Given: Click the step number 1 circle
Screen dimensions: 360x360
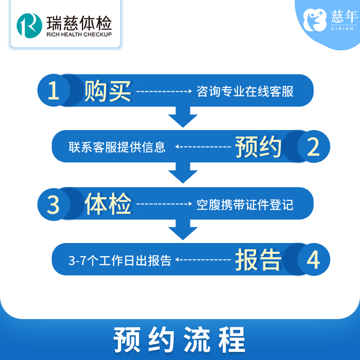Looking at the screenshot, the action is pyautogui.click(x=54, y=91).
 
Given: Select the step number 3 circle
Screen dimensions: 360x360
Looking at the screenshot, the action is pyautogui.click(x=54, y=205).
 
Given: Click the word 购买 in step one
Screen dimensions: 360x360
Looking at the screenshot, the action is pyautogui.click(x=108, y=91).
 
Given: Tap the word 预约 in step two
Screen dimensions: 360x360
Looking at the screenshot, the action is pyautogui.click(x=258, y=147).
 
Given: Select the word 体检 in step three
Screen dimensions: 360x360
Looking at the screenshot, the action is pyautogui.click(x=108, y=205).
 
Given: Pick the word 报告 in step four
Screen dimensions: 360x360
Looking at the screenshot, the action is pyautogui.click(x=258, y=260).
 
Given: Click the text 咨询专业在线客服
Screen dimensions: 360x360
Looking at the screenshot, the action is pyautogui.click(x=245, y=91).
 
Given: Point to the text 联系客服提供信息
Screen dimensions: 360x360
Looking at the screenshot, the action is pyautogui.click(x=117, y=147).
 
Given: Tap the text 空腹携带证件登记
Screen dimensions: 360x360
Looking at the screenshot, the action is pyautogui.click(x=245, y=205).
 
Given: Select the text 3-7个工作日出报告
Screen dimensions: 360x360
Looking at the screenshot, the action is pyautogui.click(x=120, y=261).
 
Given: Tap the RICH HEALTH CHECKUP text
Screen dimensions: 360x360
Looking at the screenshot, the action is pyautogui.click(x=79, y=34).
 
